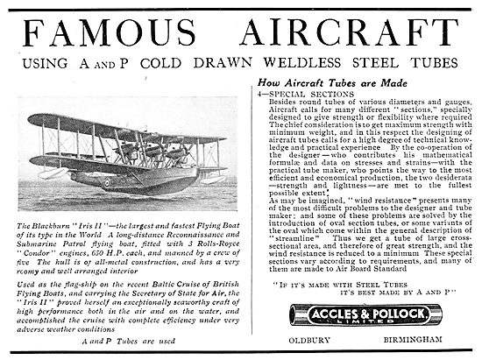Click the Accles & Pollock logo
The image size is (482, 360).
click(x=356, y=313)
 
